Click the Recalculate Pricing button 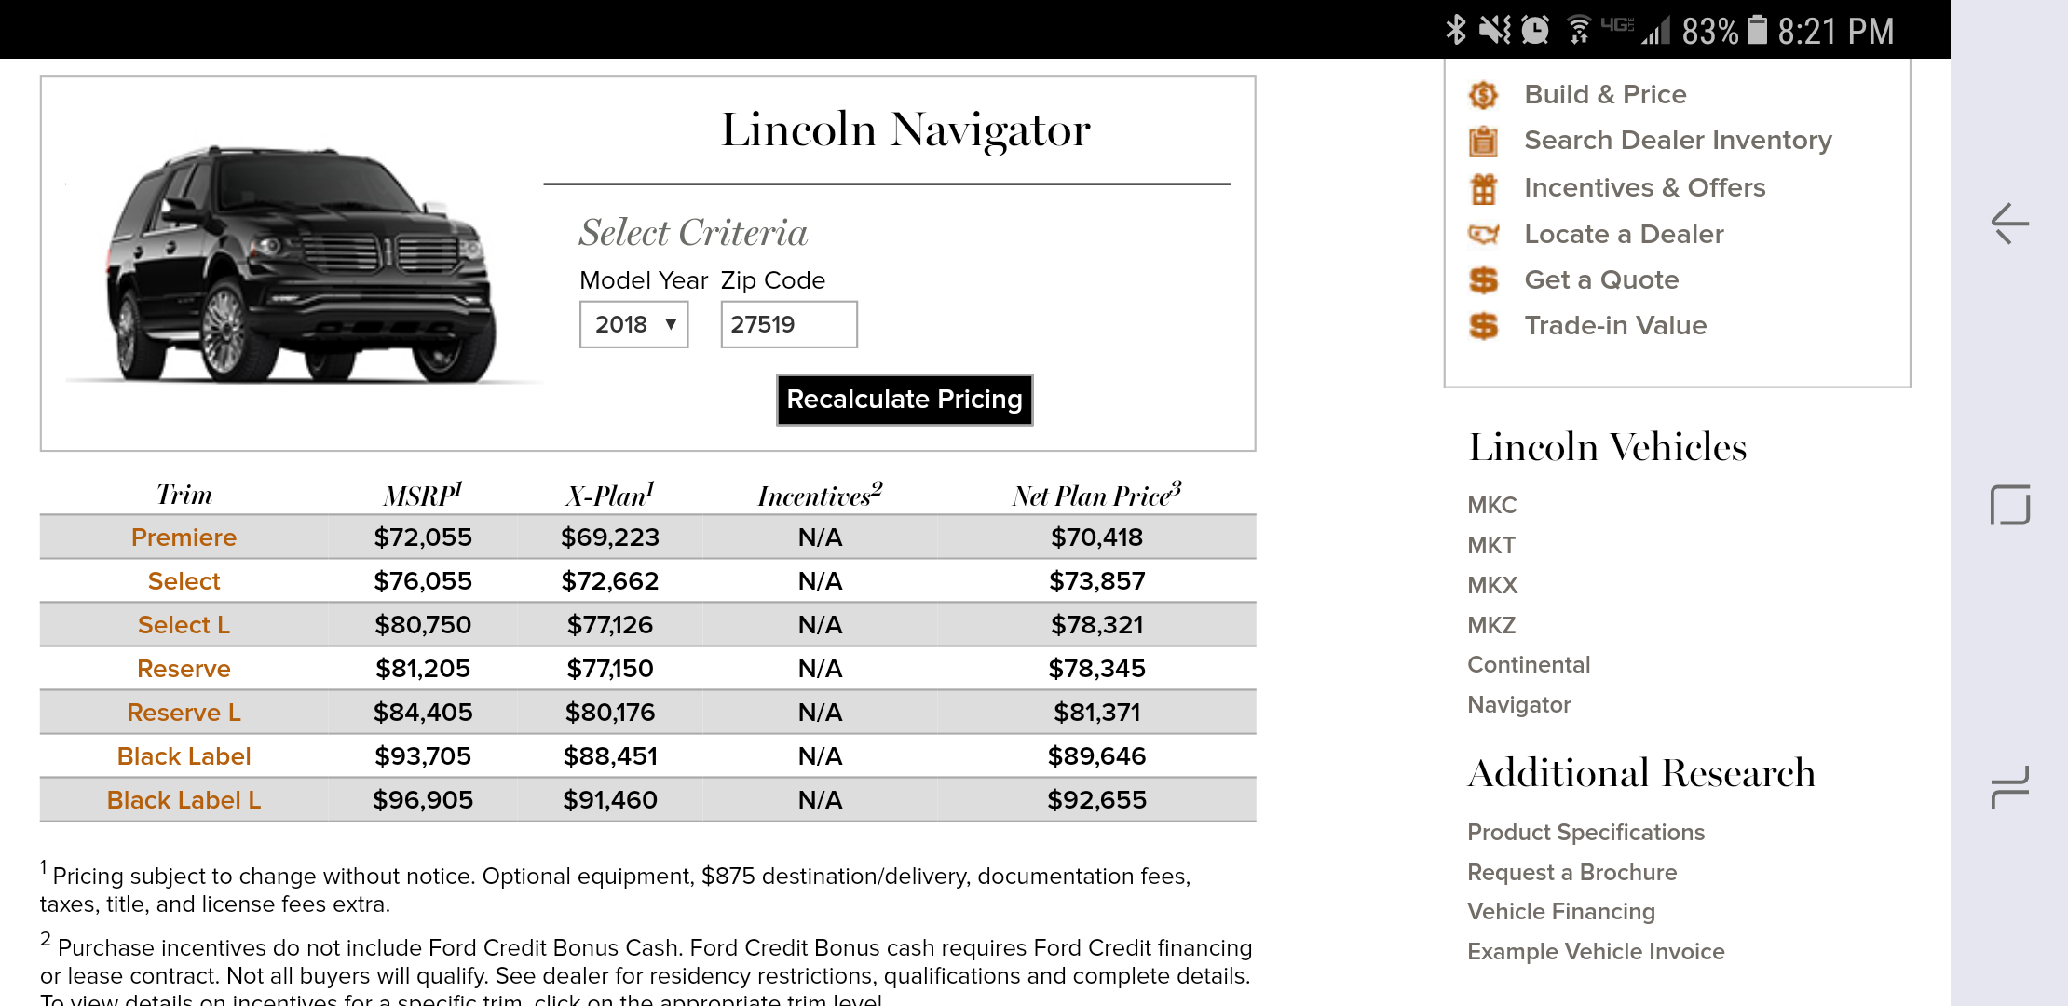point(905,400)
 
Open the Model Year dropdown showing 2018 point(633,324)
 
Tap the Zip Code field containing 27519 point(788,324)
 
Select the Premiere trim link point(184,537)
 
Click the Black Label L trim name point(184,800)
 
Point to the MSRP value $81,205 point(423,669)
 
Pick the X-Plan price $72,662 point(609,581)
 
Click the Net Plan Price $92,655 point(1096,800)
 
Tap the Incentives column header point(820,495)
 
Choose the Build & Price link point(1605,94)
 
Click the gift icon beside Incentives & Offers point(1484,189)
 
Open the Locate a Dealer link point(1624,234)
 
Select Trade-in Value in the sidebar point(1615,325)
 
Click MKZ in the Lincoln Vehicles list point(1491,625)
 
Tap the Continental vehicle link point(1529,665)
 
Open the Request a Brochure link point(1571,873)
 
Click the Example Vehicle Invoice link point(1596,952)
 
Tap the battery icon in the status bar point(1757,30)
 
